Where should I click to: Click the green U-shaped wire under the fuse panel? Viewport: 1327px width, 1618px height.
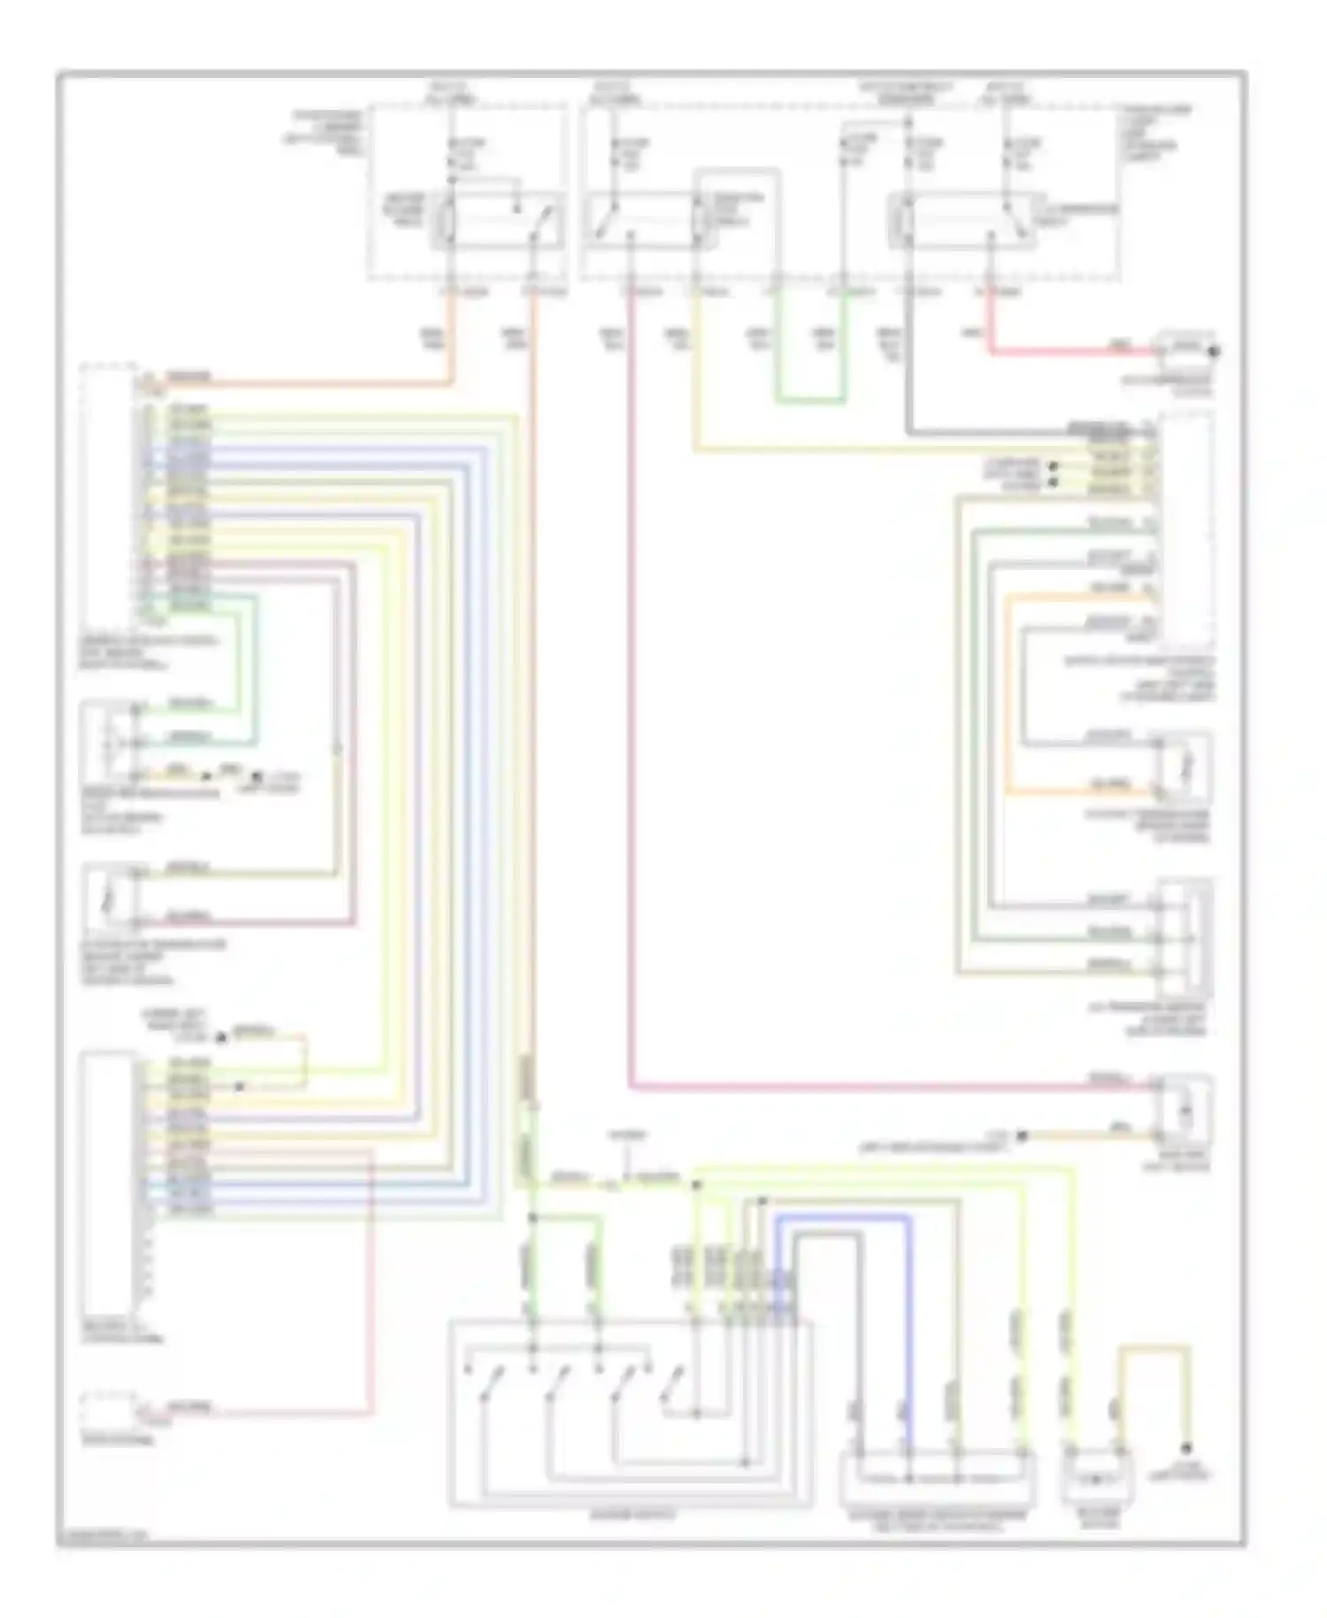pyautogui.click(x=810, y=401)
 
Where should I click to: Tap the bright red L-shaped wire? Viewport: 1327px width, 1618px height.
pyautogui.click(x=1062, y=352)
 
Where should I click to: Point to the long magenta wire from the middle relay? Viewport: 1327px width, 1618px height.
pyautogui.click(x=630, y=708)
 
